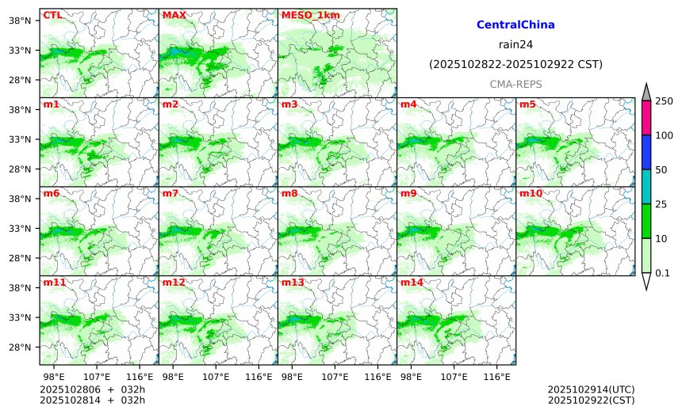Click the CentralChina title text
pyautogui.click(x=515, y=25)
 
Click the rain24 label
pyautogui.click(x=515, y=44)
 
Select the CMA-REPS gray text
pyautogui.click(x=515, y=83)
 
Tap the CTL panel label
pyautogui.click(x=52, y=15)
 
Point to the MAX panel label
pyautogui.click(x=174, y=15)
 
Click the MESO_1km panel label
pyautogui.click(x=304, y=15)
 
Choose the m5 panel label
pyautogui.click(x=527, y=104)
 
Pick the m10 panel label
pyautogui.click(x=531, y=193)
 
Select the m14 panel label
pyautogui.click(x=412, y=283)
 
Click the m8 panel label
pyautogui.click(x=289, y=193)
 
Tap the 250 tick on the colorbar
pyautogui.click(x=664, y=101)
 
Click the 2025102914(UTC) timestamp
pyautogui.click(x=591, y=390)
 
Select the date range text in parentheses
pyautogui.click(x=515, y=64)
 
